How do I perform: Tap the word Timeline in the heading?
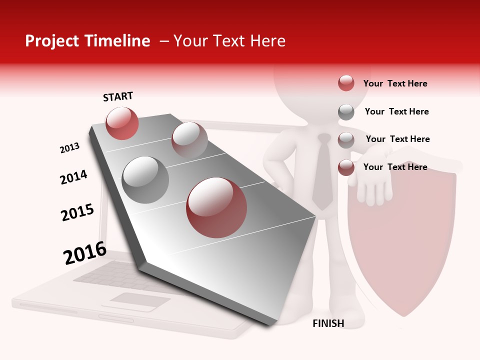[x=120, y=41]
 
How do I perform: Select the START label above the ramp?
[x=118, y=96]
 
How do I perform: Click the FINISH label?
[x=328, y=323]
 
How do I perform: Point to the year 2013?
[x=70, y=147]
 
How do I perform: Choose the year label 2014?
[x=74, y=176]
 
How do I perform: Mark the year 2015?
[x=77, y=212]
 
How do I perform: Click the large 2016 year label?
[x=85, y=252]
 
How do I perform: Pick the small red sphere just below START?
[x=122, y=123]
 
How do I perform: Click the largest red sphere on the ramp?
[x=216, y=207]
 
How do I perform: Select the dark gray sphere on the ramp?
[x=145, y=180]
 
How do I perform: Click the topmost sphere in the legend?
[x=346, y=83]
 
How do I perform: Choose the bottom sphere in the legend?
[x=346, y=167]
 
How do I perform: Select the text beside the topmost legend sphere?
[x=395, y=83]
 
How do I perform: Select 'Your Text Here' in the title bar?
[x=229, y=41]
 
